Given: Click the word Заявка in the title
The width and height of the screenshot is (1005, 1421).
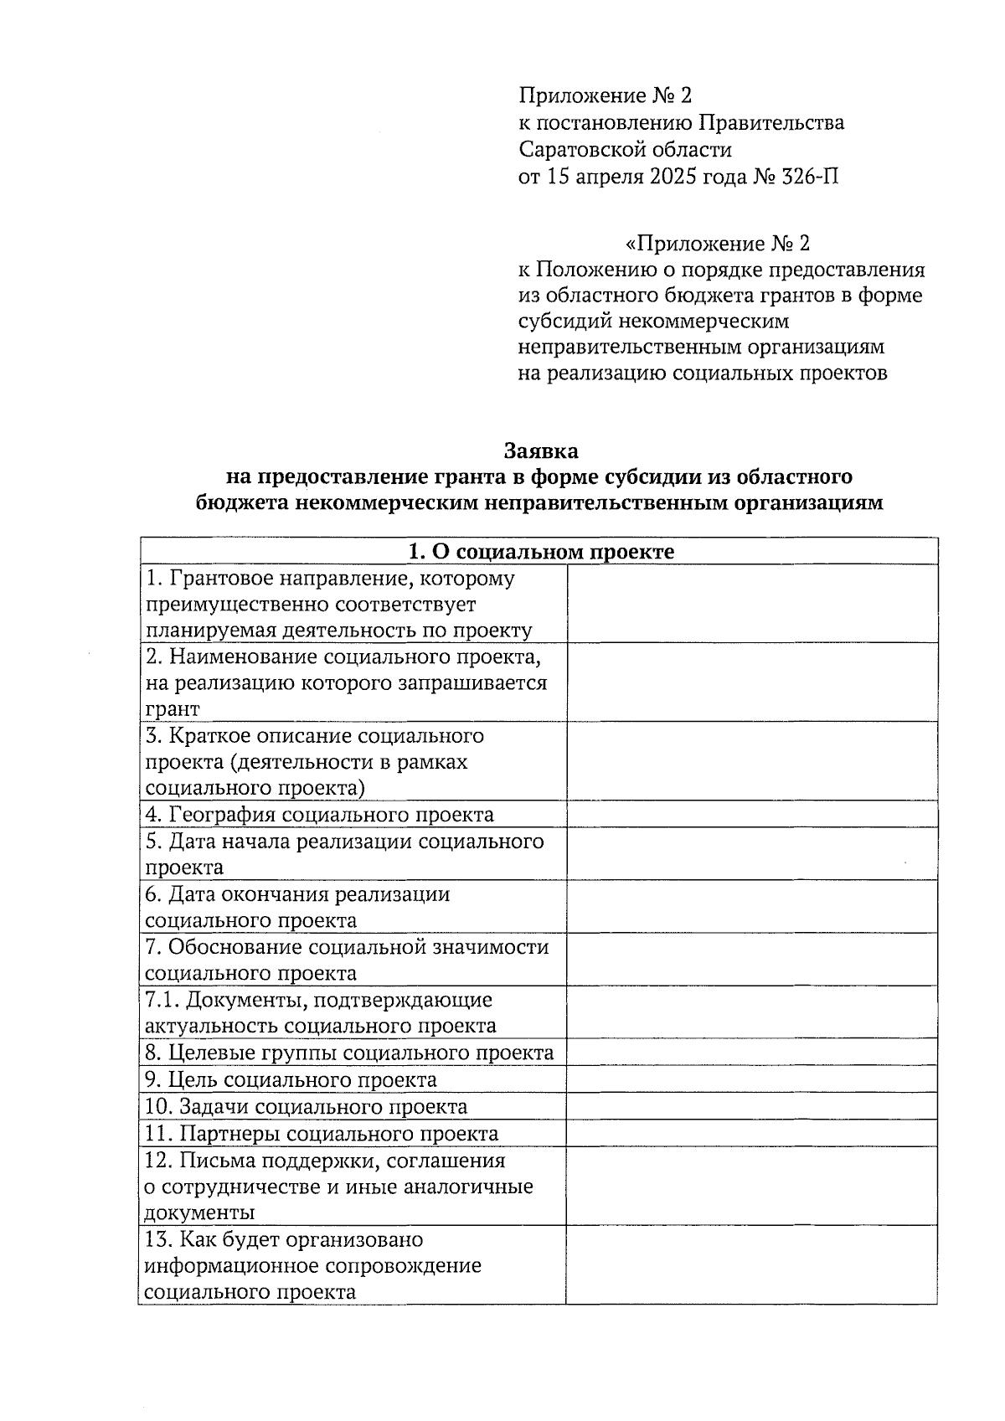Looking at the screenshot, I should coord(540,451).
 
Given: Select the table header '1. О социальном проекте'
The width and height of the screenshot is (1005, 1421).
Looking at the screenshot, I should coord(540,552).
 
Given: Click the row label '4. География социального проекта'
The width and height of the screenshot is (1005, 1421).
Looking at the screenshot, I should coord(319,815).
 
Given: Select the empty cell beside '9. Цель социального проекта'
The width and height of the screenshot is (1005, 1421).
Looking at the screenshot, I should coord(750,1080).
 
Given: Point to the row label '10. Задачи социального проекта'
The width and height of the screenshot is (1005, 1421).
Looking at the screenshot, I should coord(306,1107).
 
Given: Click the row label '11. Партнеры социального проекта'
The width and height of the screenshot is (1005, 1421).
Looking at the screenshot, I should coord(322,1134).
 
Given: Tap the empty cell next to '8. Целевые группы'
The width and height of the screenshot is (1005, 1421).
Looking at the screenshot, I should coord(750,1053).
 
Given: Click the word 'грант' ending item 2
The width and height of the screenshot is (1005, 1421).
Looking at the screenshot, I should coord(173,709).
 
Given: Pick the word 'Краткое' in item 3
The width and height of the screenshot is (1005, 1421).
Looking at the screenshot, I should coord(206,736).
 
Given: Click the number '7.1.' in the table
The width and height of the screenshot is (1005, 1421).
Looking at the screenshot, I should coord(162,1000).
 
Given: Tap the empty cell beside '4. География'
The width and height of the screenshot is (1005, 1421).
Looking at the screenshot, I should coord(750,815).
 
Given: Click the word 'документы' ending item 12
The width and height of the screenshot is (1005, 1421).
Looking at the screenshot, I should coord(200,1213).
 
